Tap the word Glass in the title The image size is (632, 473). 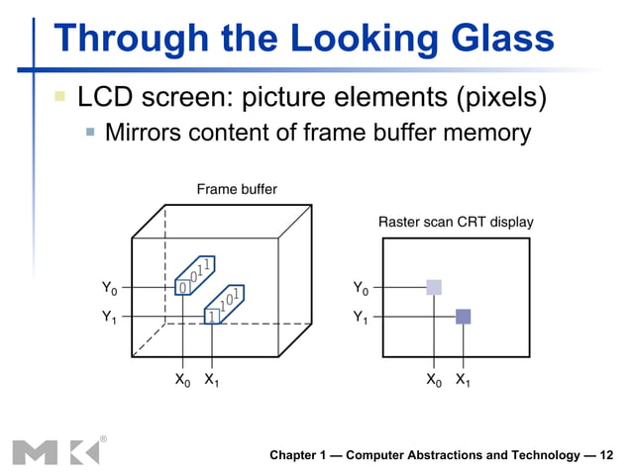(x=499, y=39)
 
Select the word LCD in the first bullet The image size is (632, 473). (x=109, y=98)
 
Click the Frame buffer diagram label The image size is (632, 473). (x=237, y=188)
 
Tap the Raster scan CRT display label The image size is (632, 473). (x=456, y=223)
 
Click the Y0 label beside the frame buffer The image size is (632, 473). (x=109, y=288)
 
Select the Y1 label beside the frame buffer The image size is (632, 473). (x=109, y=319)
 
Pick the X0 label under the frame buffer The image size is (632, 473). (x=183, y=380)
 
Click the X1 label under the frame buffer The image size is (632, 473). (x=212, y=380)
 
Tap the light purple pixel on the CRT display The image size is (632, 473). (x=434, y=287)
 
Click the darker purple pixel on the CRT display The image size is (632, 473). (x=463, y=317)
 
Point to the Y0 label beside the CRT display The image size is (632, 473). (x=361, y=288)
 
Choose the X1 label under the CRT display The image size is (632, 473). (x=464, y=380)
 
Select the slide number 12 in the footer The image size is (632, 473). (x=606, y=455)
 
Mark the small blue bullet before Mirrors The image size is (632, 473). (x=90, y=131)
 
